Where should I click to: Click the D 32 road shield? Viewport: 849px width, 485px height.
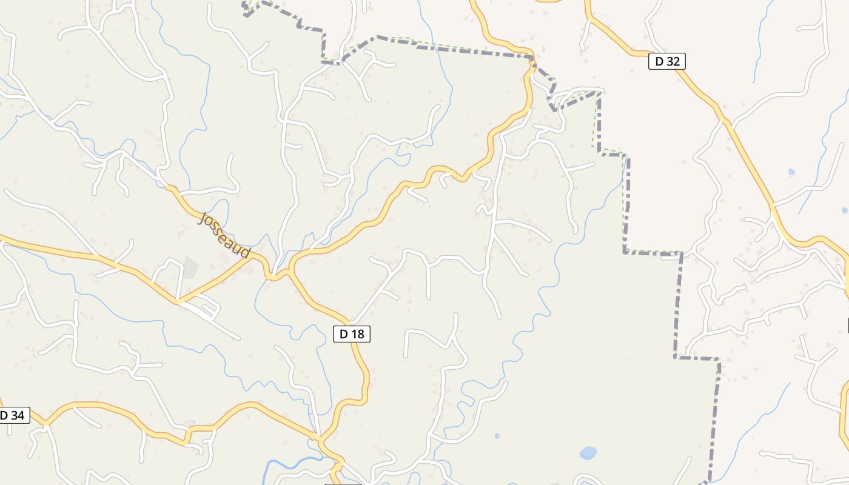[x=666, y=61]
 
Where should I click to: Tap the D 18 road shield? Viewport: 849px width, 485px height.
[x=351, y=333]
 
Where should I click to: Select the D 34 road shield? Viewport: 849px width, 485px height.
[x=12, y=415]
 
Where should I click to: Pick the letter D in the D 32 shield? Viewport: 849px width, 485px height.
[x=659, y=61]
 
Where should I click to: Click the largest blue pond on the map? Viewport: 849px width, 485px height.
[x=588, y=453]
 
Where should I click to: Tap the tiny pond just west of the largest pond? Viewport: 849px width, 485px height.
[x=497, y=436]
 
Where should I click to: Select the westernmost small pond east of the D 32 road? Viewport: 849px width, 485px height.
[x=791, y=172]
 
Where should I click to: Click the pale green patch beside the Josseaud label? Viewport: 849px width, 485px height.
[x=190, y=267]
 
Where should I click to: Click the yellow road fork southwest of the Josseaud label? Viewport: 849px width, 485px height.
[x=178, y=300]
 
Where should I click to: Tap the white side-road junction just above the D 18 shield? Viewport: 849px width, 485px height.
[x=352, y=321]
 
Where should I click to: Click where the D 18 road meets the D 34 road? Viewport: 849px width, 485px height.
[x=318, y=438]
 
